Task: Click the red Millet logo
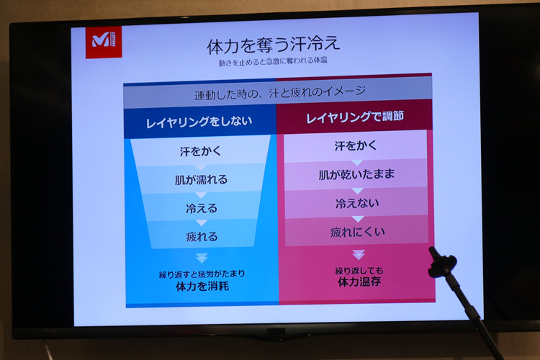tap(103, 42)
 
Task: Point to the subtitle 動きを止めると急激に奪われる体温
tap(273, 61)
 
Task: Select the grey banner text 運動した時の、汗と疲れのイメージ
tap(279, 92)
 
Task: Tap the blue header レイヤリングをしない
tap(199, 122)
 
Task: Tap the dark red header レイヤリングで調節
tap(355, 117)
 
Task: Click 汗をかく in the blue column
tap(200, 151)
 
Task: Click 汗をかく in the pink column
tap(356, 145)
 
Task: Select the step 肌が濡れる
tap(201, 179)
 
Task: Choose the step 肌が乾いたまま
tap(356, 174)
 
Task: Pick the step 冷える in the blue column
tap(202, 208)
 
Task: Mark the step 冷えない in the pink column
tap(357, 203)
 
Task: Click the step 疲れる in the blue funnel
tap(202, 236)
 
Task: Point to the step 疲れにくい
tap(357, 232)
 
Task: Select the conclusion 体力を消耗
tap(202, 286)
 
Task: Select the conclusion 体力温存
tap(359, 282)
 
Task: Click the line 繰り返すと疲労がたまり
tap(202, 274)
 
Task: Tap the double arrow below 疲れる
tap(202, 258)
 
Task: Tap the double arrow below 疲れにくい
tap(359, 255)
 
